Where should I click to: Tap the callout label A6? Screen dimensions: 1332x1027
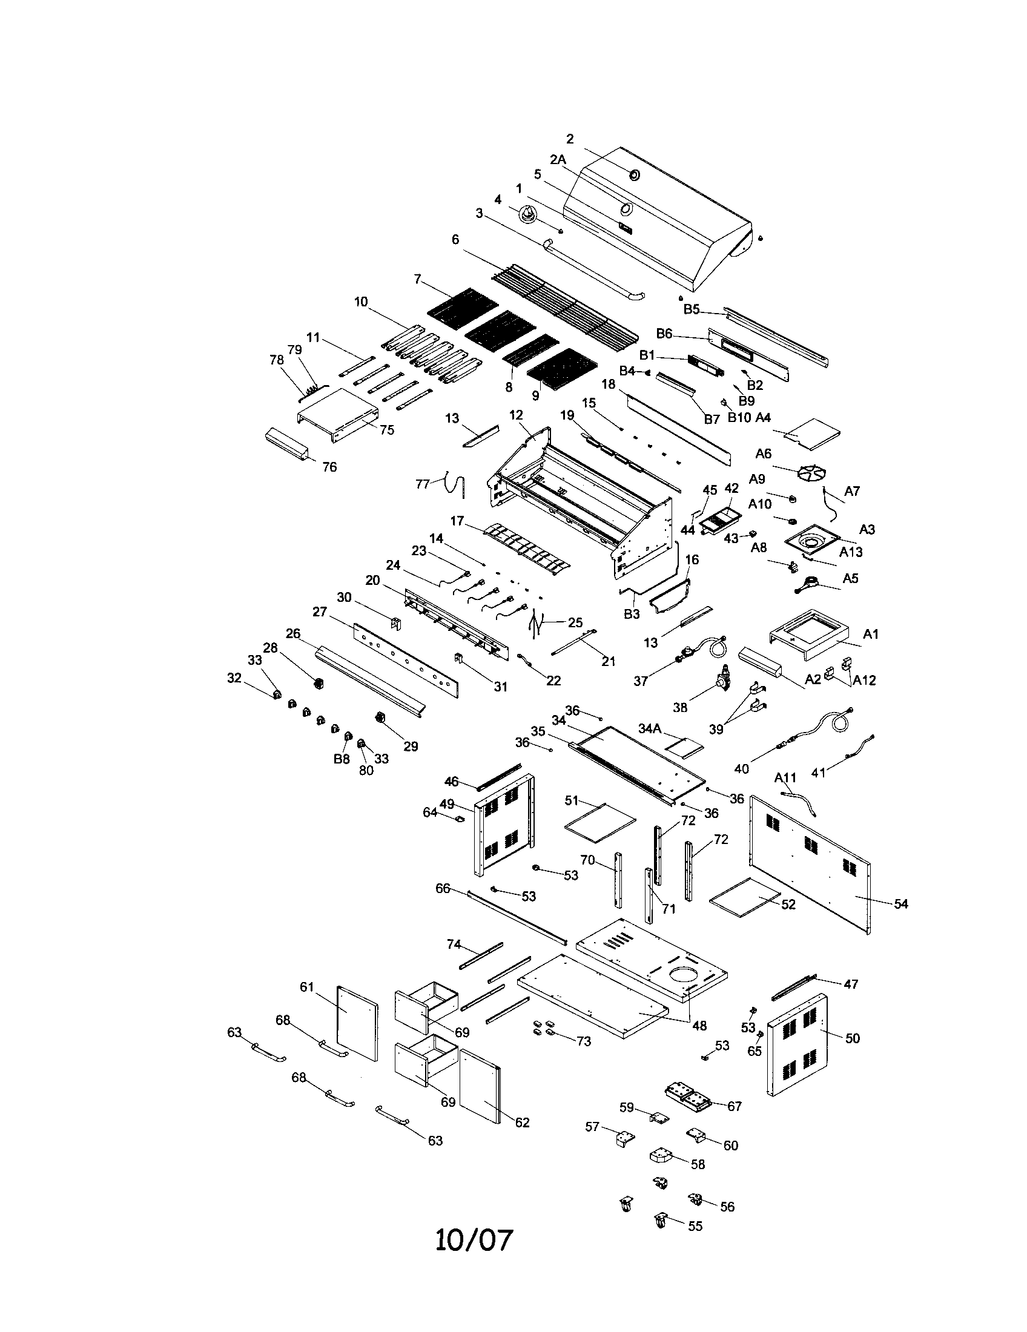(763, 453)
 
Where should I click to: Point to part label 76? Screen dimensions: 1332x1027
(329, 467)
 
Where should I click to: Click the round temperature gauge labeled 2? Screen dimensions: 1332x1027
(635, 176)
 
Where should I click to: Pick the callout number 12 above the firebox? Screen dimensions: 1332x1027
(516, 415)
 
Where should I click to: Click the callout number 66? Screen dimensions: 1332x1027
(443, 888)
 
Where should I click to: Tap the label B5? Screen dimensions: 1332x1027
(692, 309)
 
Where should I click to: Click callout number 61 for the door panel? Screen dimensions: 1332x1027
(306, 987)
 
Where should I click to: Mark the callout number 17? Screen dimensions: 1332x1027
(457, 521)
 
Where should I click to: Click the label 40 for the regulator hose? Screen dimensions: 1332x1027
(742, 769)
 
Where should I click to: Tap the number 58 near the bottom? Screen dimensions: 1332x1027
(698, 1164)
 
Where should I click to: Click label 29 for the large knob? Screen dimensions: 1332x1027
(411, 746)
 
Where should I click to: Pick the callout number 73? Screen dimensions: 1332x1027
(584, 1041)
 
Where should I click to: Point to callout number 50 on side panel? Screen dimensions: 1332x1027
(853, 1037)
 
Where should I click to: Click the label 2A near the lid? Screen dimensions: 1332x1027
(558, 160)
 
